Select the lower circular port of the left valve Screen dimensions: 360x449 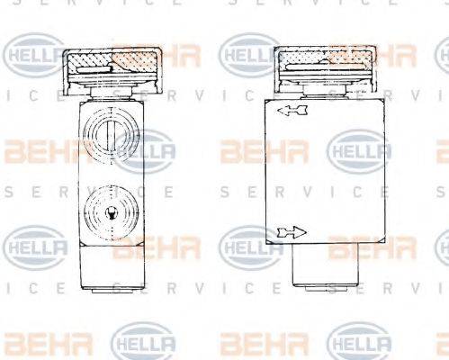(x=107, y=213)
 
